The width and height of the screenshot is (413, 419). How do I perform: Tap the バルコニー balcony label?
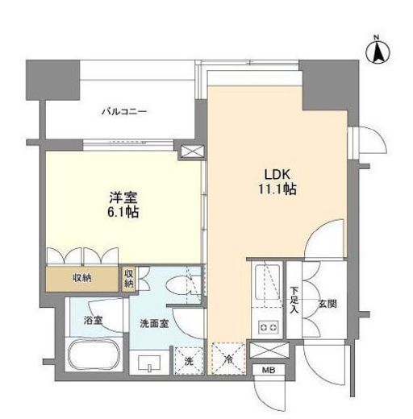(x=123, y=111)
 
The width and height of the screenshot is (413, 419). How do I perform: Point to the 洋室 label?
(x=123, y=197)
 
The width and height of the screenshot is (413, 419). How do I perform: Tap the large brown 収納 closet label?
(x=81, y=279)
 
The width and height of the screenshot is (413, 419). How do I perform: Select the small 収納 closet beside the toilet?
(x=129, y=279)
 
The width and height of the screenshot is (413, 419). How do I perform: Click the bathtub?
(x=93, y=357)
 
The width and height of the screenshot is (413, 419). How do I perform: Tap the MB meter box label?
(x=266, y=371)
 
